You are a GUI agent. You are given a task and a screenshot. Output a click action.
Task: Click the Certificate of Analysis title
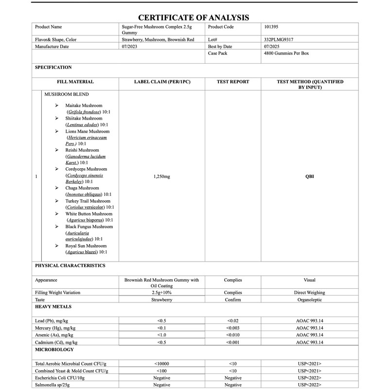point(194,18)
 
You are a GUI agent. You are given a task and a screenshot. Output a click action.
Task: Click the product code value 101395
point(271,27)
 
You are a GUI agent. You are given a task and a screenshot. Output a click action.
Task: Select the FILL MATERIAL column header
point(75,82)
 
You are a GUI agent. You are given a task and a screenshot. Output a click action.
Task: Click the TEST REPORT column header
point(233,82)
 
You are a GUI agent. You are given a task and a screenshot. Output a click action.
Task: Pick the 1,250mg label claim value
point(161,177)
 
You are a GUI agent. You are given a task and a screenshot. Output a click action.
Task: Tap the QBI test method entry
point(309,177)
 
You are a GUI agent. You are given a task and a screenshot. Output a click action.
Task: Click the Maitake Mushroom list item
point(84,106)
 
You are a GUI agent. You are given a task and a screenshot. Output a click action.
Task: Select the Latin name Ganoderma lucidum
point(86,157)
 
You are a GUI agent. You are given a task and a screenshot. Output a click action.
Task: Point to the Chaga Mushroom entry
point(82,188)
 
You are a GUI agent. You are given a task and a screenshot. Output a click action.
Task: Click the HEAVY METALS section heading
point(53,307)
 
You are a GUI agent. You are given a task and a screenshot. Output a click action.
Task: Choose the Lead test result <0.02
point(233,321)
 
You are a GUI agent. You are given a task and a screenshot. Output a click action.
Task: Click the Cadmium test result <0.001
point(233,342)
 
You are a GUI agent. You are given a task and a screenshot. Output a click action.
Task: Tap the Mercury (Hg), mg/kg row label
point(55,328)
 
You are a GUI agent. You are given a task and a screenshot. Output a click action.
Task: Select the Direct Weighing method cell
point(309,293)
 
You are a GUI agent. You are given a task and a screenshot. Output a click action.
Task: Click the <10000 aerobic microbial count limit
point(161,364)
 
